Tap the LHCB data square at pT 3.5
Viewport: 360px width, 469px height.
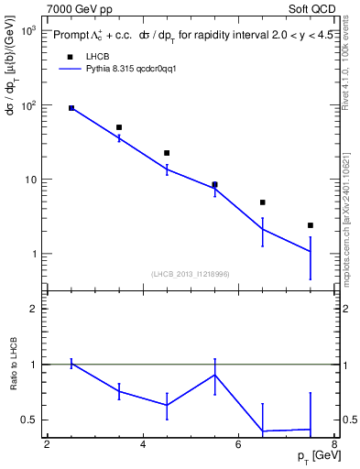tap(119, 127)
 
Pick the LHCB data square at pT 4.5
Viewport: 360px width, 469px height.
tap(167, 153)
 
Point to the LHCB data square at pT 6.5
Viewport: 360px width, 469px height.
tap(262, 202)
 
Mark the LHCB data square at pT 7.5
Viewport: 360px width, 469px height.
tap(311, 225)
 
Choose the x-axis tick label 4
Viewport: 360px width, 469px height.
tap(143, 444)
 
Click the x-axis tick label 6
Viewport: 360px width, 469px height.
tap(239, 444)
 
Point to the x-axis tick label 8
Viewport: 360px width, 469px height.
tap(334, 444)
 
